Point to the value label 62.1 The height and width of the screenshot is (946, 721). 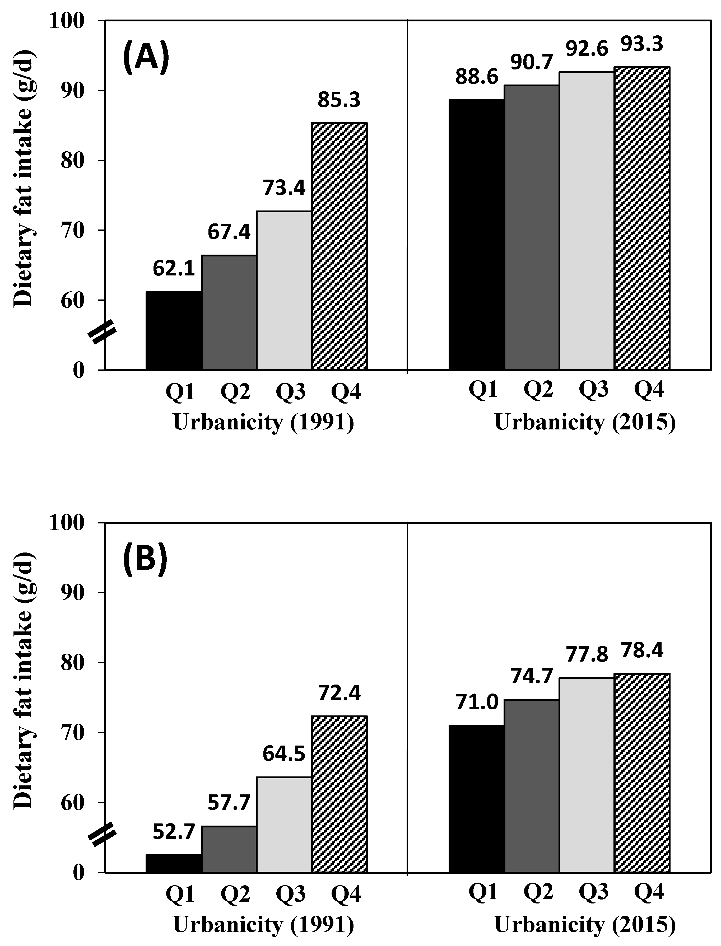click(x=174, y=269)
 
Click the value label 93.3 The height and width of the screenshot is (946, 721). click(x=642, y=44)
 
